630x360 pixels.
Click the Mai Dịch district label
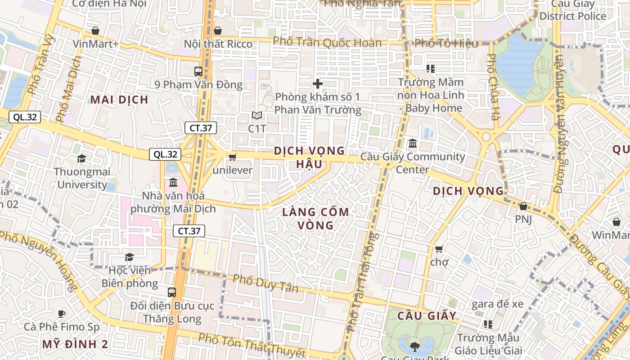pos(119,99)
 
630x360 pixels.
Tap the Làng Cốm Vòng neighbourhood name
pos(315,218)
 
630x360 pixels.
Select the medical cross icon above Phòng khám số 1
pos(318,84)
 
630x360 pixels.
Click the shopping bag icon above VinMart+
pos(95,31)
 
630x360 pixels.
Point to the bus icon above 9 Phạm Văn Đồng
pos(198,71)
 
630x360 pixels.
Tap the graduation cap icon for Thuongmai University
pos(81,158)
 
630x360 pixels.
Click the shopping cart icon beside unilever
pos(232,157)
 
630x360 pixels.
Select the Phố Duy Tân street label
pos(265,283)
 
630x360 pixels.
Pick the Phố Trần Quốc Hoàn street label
pos(327,42)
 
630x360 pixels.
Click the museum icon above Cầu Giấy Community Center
pos(412,144)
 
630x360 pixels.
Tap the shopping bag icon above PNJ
pos(523,206)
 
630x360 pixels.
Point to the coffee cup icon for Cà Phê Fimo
pos(62,313)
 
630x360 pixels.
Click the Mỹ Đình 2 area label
pos(75,344)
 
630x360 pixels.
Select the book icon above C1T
pos(257,116)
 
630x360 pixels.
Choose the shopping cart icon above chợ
pos(439,248)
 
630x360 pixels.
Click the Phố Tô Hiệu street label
pos(446,43)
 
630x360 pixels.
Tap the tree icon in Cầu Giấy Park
pos(414,346)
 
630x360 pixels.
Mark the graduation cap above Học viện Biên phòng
pos(129,257)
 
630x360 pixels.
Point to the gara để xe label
pos(497,304)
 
